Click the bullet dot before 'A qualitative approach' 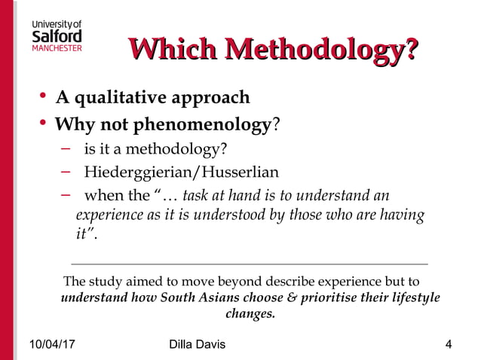pos(43,96)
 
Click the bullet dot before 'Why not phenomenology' pos(43,121)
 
